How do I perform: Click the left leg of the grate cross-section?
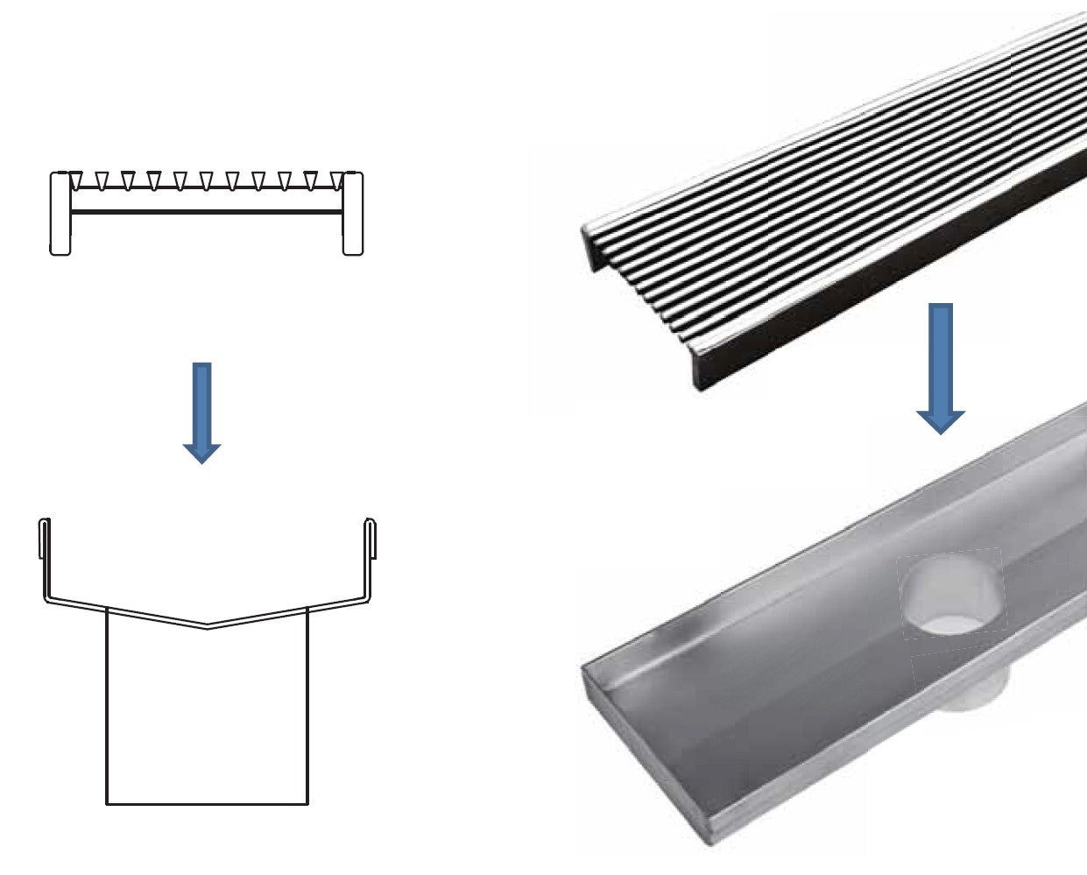coord(60,215)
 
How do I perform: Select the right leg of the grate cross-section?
coord(352,215)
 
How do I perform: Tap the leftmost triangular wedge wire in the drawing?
coord(75,180)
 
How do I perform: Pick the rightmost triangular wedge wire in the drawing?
coord(336,180)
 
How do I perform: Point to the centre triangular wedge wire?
coord(207,180)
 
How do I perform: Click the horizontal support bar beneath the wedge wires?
coord(207,211)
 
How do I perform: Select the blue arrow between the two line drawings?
coord(202,410)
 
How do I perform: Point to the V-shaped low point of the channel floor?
coord(207,626)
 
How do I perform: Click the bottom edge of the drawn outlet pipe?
coord(207,803)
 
